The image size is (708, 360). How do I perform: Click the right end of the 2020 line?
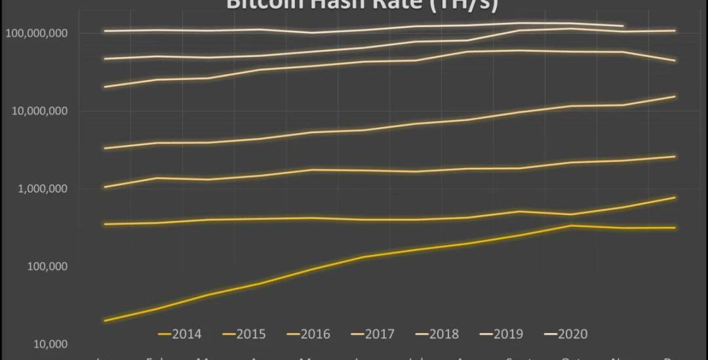(x=622, y=26)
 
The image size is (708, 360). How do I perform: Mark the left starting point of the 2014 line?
(x=105, y=321)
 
